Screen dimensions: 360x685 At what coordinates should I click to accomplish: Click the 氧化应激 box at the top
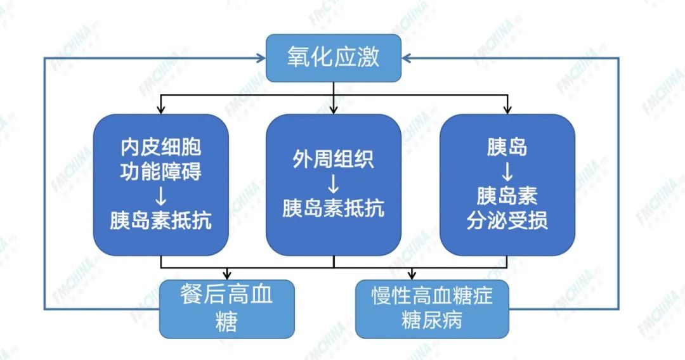click(333, 58)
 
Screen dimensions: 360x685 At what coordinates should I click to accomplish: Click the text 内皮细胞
click(160, 148)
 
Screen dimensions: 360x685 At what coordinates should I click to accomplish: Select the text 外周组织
click(333, 159)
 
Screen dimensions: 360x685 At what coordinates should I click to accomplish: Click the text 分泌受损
click(507, 221)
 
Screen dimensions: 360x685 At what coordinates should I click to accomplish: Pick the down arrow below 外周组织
click(333, 184)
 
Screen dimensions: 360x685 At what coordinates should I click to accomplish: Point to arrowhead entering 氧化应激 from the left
click(260, 58)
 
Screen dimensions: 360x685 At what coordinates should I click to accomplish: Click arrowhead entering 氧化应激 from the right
click(407, 58)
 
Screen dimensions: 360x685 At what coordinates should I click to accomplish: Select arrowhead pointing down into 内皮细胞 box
click(160, 110)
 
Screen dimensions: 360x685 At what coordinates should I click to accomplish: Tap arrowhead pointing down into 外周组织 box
click(333, 110)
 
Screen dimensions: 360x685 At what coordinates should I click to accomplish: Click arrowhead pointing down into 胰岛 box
click(507, 110)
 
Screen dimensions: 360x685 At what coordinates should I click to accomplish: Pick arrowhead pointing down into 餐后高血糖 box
click(226, 276)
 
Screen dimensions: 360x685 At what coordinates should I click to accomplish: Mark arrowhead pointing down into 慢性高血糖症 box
click(413, 276)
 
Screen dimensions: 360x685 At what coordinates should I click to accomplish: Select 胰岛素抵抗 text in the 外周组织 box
click(333, 209)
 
